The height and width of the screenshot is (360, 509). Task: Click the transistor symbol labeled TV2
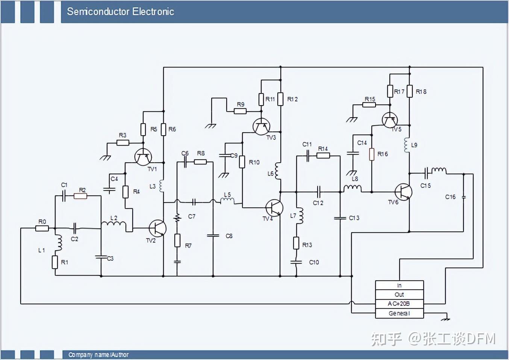[x=157, y=228]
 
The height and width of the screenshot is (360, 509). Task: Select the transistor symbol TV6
[x=403, y=192]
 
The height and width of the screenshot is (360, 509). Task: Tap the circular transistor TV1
[x=143, y=157]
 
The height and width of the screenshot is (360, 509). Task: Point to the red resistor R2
[x=80, y=196]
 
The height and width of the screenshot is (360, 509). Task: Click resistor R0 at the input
[x=42, y=228]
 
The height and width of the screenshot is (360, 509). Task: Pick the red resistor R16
[x=372, y=154]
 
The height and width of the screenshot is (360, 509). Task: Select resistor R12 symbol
[x=280, y=99]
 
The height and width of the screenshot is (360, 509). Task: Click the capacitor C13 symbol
[x=340, y=218]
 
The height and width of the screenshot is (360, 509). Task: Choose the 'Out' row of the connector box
[x=399, y=295]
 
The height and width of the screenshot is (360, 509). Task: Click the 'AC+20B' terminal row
[x=399, y=304]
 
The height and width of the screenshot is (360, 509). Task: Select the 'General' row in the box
[x=399, y=313]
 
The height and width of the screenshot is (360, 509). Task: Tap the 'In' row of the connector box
[x=399, y=286]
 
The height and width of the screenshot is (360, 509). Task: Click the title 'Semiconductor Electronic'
[x=120, y=12]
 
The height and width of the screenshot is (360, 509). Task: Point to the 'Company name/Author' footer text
[x=98, y=355]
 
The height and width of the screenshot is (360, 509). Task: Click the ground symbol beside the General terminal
[x=446, y=319]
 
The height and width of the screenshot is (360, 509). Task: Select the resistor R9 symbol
[x=240, y=111]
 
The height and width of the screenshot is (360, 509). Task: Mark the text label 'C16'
[x=450, y=197]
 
